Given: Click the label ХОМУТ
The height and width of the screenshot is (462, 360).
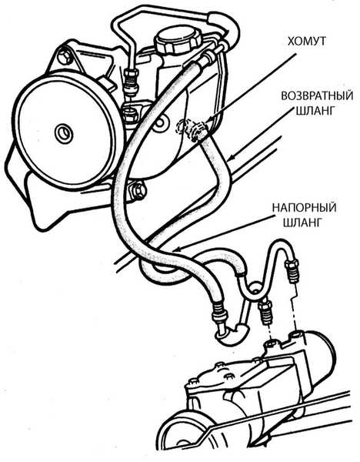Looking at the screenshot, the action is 307,41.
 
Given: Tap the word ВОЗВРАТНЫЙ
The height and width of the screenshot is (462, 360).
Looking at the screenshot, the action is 317,96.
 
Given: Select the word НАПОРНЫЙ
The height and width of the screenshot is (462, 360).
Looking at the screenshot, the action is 304,207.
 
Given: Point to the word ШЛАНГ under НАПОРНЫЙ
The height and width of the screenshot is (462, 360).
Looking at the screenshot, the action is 302,223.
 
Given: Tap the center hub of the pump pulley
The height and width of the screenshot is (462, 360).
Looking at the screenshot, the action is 64,133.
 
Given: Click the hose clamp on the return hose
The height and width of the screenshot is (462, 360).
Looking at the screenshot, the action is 199,130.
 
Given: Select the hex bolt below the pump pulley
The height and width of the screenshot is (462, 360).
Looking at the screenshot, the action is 136,191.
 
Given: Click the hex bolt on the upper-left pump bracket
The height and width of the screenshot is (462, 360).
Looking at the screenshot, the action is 65,56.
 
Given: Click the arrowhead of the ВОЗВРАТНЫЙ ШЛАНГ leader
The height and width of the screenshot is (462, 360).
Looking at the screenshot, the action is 231,159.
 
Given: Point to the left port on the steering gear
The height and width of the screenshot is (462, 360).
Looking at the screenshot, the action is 271,344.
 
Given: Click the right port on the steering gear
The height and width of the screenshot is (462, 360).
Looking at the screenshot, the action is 296,334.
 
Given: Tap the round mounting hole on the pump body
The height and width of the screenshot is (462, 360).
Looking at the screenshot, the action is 161,123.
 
